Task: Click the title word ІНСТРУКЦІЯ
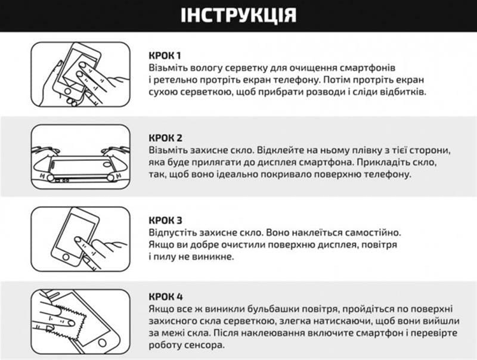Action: pos(238,15)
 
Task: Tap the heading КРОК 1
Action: pos(165,55)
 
